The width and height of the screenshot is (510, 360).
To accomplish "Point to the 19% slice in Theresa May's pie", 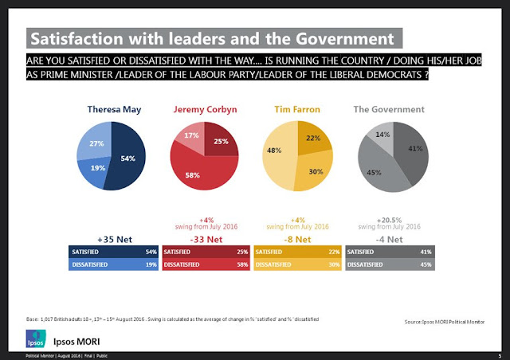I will coord(97,168).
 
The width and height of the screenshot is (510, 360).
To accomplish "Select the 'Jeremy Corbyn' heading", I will coord(206,109).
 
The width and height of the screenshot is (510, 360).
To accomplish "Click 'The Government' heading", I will coord(389,109).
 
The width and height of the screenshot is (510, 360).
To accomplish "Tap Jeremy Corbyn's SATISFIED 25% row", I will coord(206,252).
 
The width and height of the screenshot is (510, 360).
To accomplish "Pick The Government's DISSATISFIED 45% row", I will coord(390,265).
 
